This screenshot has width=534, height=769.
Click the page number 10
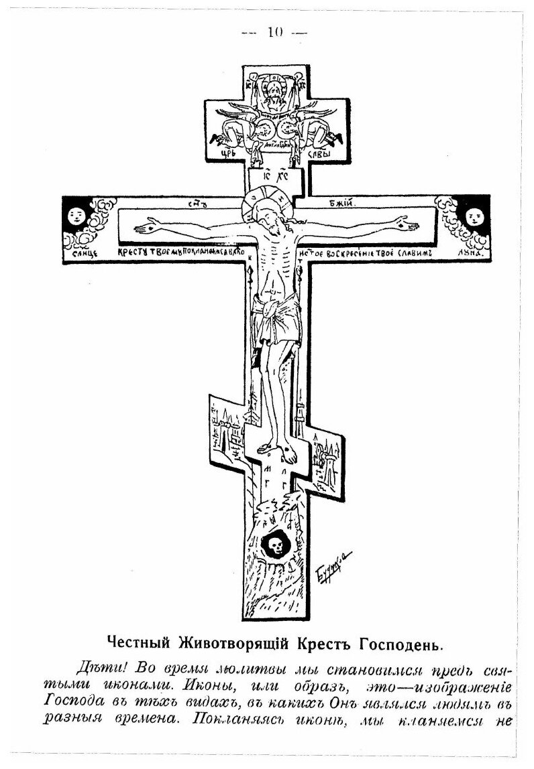[x=275, y=31]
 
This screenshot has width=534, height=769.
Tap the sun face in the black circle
[x=74, y=216]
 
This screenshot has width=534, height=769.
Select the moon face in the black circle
[x=474, y=216]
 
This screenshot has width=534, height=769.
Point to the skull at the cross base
[x=274, y=545]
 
